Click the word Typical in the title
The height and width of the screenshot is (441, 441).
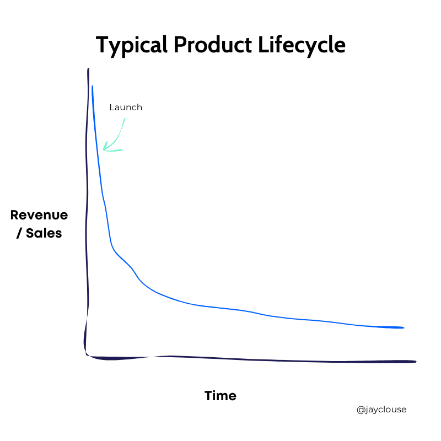[132, 46]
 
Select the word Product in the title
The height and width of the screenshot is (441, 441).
[213, 45]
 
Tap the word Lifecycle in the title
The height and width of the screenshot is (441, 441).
[302, 46]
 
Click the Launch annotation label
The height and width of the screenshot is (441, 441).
[126, 107]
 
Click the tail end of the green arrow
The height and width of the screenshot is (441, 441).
[125, 119]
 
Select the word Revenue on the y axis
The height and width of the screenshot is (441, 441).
[39, 215]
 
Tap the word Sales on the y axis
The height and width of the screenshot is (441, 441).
[44, 233]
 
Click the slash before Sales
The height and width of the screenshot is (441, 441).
[19, 233]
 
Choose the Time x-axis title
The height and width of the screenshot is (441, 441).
[220, 396]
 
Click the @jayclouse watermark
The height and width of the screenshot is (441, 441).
[381, 410]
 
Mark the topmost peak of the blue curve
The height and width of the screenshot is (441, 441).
[92, 86]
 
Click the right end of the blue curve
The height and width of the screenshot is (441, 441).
[404, 327]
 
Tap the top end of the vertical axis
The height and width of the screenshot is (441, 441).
[88, 68]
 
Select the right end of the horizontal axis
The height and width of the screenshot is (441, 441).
[416, 362]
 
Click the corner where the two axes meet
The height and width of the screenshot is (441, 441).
[87, 355]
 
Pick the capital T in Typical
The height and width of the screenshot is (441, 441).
[103, 45]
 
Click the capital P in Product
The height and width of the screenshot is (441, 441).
[180, 45]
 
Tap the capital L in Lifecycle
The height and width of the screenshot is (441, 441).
[263, 45]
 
